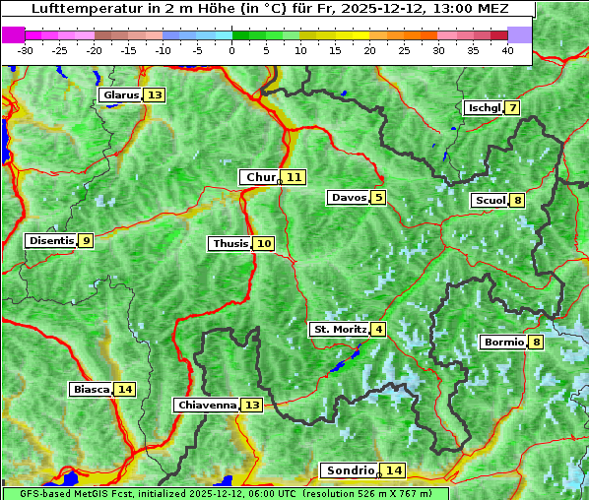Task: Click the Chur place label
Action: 260,177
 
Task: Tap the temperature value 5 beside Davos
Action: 378,198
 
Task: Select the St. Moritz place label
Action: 340,329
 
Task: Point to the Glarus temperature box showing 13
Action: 154,95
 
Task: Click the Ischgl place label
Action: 483,107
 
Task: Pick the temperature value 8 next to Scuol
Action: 517,201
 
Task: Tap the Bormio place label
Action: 502,343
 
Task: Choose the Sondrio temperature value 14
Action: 393,470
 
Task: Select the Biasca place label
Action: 91,389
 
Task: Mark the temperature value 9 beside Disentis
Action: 87,240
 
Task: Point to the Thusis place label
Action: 229,243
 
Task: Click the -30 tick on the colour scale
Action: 26,50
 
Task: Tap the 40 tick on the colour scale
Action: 507,50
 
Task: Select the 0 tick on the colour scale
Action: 232,50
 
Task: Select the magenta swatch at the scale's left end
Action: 14,34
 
